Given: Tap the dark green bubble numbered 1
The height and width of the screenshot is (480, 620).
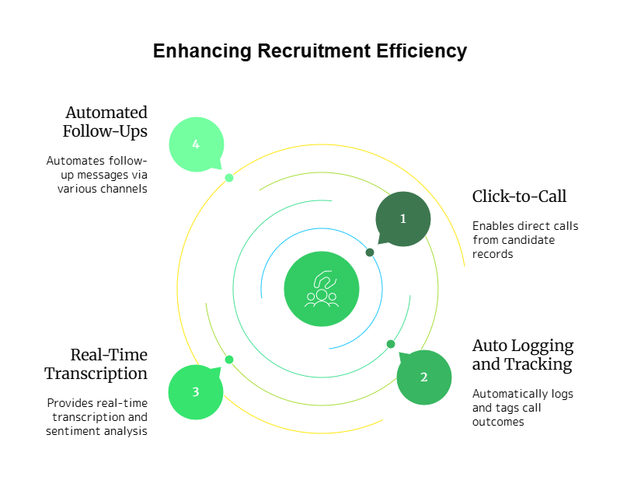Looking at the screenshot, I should [x=402, y=219].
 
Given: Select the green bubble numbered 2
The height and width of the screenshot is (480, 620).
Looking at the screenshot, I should [x=423, y=377].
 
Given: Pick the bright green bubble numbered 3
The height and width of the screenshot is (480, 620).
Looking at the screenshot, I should [x=196, y=391].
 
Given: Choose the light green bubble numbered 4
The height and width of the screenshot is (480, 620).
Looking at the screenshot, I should [x=196, y=144].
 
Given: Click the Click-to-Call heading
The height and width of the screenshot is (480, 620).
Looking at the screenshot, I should [x=519, y=197].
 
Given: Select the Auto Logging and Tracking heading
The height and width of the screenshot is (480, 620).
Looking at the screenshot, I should [x=522, y=355].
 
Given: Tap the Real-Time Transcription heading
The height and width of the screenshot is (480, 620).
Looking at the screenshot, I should [x=96, y=364].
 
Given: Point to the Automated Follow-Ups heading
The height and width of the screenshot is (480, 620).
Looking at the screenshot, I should [x=106, y=122].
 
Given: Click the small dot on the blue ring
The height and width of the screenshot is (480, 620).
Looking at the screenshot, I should [x=370, y=252].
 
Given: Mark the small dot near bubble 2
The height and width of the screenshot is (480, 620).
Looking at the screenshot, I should [x=391, y=344].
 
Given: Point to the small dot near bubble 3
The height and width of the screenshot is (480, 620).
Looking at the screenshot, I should [x=229, y=360].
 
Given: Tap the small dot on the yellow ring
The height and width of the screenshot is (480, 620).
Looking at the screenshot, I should [x=229, y=178].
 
